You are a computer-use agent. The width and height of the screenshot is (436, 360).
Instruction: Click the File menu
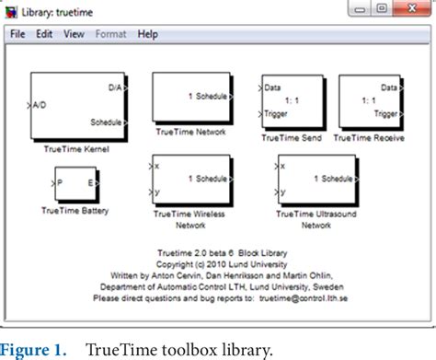[x=18, y=34]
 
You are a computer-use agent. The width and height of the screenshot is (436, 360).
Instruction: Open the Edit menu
[x=44, y=34]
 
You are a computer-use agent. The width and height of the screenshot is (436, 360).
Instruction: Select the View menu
[x=74, y=34]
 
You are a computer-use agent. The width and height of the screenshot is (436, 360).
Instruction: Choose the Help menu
[x=147, y=34]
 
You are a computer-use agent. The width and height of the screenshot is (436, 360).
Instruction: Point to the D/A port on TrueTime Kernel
[x=115, y=87]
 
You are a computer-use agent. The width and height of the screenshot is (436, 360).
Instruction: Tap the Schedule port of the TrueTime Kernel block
[x=107, y=122]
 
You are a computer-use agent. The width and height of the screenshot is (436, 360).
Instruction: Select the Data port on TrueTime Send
[x=272, y=88]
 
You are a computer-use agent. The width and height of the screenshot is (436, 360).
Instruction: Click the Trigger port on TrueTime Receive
[x=385, y=117]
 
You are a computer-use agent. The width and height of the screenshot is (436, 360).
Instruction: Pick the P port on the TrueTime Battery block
[x=60, y=183]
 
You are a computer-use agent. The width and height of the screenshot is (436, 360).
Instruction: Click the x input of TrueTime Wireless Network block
[x=158, y=167]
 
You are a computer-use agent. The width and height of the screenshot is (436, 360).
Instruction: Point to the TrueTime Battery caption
[x=75, y=210]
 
